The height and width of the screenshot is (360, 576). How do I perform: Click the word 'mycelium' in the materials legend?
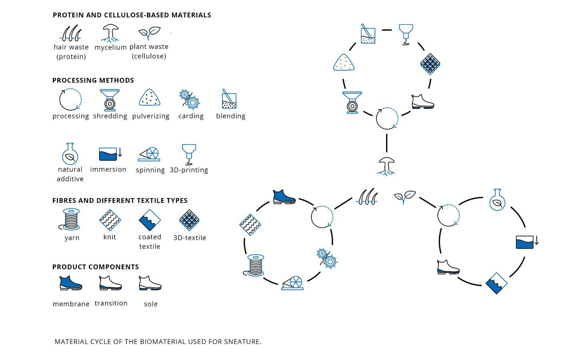110,47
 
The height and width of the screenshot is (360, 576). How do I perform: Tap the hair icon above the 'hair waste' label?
71,34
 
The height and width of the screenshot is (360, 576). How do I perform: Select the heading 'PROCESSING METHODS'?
93,80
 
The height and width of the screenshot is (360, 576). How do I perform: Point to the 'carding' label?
191,116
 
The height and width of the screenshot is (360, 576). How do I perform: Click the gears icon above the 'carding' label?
190,99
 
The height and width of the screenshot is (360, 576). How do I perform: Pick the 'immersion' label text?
108,170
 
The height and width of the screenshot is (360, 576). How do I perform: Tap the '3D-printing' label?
189,170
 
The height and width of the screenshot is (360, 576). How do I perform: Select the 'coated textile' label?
150,242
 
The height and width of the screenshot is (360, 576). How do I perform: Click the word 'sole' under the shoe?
151,304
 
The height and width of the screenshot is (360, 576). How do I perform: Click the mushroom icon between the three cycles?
386,166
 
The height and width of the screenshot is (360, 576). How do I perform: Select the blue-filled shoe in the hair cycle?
284,197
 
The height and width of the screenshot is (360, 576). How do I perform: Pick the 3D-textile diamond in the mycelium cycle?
430,64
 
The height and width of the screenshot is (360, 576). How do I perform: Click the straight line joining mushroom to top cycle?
386,143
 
